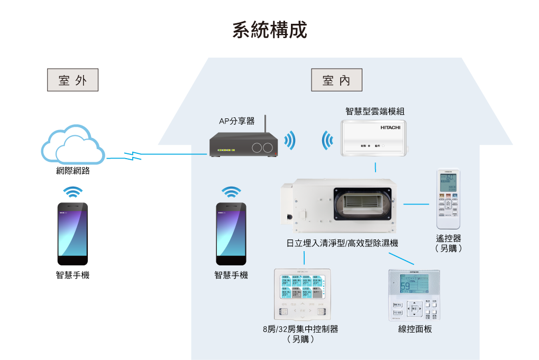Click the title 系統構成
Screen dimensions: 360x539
tap(269, 30)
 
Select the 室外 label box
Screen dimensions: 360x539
tap(73, 80)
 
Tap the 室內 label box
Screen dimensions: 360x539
tap(336, 80)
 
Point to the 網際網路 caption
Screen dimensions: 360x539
tap(73, 171)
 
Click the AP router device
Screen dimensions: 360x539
tap(243, 145)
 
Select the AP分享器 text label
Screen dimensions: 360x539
tap(236, 121)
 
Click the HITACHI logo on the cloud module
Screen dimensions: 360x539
tap(390, 128)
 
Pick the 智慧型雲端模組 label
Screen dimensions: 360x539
tap(375, 111)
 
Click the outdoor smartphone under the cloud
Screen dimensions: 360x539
tap(72, 233)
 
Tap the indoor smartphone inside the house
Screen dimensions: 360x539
tap(231, 233)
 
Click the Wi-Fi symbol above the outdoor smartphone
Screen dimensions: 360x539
tap(72, 191)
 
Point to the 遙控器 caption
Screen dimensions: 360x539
tap(448, 239)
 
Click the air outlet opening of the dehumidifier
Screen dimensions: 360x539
tap(363, 204)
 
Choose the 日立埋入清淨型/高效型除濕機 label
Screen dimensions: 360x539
tap(342, 244)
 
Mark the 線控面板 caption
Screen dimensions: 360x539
tap(415, 329)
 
